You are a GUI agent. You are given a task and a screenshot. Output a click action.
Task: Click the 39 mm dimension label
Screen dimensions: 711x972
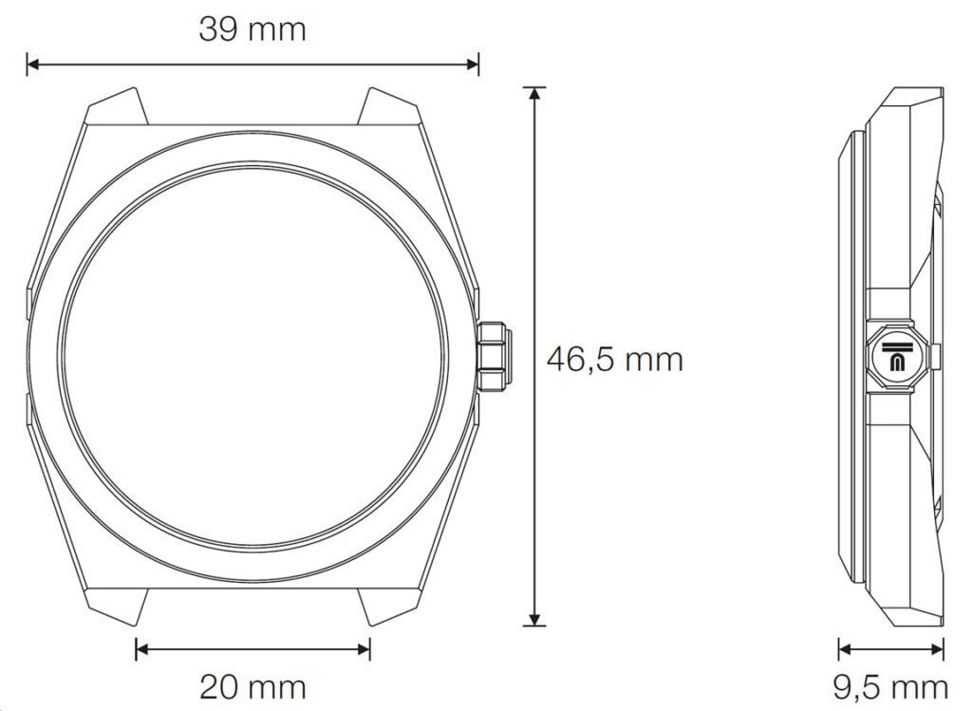[252, 29]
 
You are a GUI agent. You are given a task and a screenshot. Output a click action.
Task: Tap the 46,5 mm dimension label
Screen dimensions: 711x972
[614, 360]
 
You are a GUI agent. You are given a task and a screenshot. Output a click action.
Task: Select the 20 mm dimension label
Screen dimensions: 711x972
[252, 686]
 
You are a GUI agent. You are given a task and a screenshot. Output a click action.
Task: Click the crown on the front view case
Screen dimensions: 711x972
[495, 356]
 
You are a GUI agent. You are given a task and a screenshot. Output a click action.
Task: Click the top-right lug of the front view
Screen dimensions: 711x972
[391, 107]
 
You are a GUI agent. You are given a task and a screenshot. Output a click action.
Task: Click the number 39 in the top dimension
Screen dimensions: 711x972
[218, 29]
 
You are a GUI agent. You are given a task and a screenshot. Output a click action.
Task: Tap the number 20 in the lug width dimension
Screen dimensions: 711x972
[218, 686]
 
